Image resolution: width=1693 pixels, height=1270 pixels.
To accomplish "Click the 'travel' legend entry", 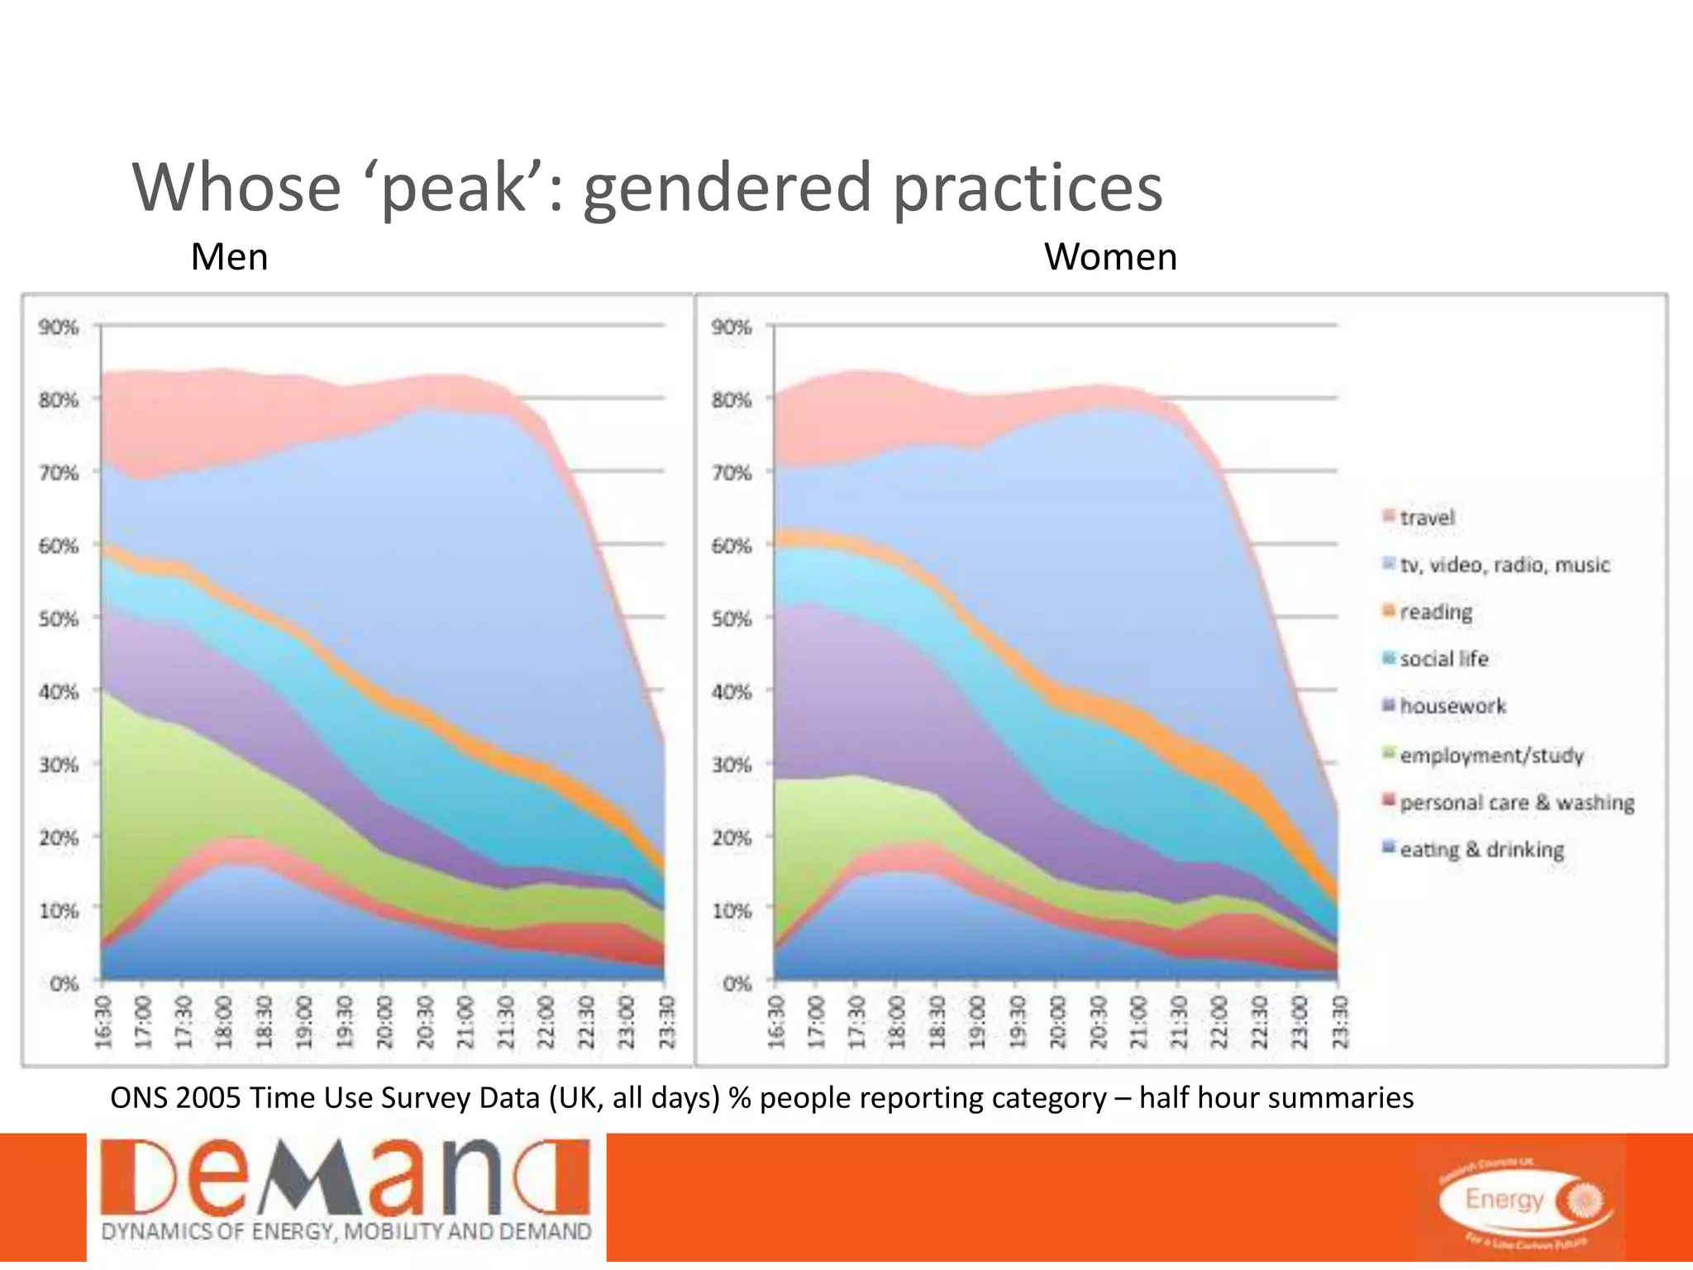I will pos(1426,518).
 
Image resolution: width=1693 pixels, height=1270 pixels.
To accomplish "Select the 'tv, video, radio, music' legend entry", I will pos(1504,565).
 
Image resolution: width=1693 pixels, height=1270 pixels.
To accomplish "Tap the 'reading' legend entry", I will pos(1435,612).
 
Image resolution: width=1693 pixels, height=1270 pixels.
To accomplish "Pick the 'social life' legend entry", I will pos(1443,659).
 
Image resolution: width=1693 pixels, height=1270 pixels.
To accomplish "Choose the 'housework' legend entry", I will pos(1452,706).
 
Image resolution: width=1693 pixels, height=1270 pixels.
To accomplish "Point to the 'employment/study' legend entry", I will pos(1490,755).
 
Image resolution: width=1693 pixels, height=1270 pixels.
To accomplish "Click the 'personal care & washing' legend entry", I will pos(1516,802).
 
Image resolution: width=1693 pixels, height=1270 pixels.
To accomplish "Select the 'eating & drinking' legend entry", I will pos(1481,849).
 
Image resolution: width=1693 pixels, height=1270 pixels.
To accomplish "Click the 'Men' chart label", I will pos(229,257).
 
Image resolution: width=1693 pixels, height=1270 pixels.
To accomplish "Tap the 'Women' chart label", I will pos(1110,257).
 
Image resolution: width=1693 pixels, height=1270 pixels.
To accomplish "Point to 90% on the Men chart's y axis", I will pos(59,327).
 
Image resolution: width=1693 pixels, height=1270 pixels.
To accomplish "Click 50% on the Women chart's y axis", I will pos(732,619).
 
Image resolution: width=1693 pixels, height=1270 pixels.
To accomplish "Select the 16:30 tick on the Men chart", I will pos(103,1022).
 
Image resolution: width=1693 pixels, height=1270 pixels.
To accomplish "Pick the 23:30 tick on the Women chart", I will pos(1340,1022).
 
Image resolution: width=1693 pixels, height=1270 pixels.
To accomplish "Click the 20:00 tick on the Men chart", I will pos(384,1022).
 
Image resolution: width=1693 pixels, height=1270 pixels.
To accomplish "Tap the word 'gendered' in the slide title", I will pos(727,189).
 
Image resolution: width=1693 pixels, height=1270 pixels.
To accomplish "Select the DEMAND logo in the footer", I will pos(346,1196).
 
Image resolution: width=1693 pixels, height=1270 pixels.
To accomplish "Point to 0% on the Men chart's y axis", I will pos(64,984).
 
